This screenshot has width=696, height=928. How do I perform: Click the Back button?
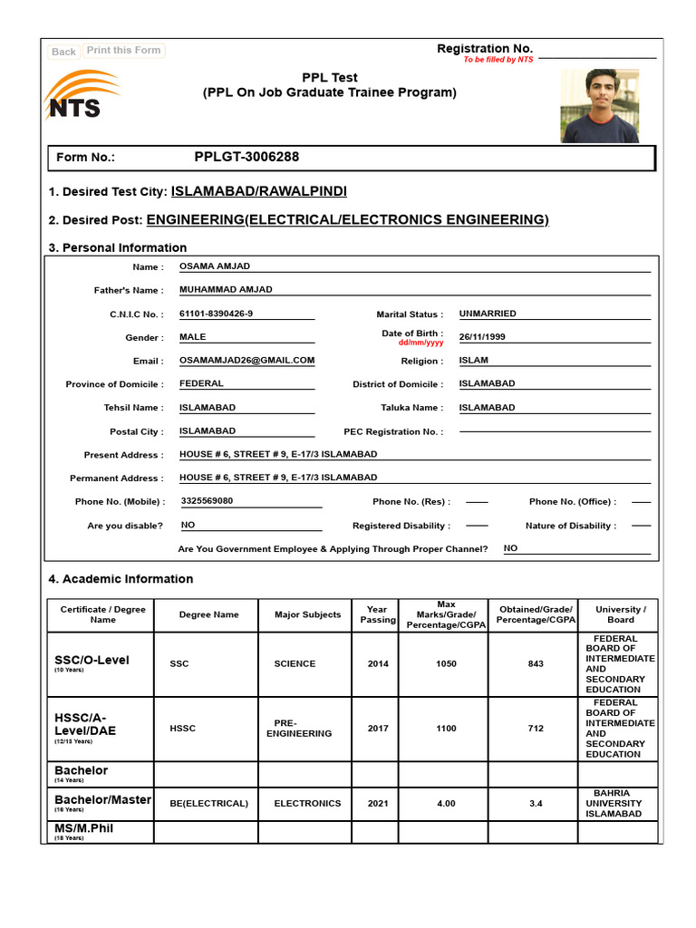pos(63,52)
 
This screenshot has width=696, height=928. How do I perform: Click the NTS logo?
pos(78,98)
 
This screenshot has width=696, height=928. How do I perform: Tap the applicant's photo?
pos(599,105)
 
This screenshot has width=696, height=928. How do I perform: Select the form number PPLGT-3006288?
pos(246,157)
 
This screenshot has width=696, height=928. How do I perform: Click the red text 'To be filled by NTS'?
pos(498,60)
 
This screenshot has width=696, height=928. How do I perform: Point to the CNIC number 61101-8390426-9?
pos(217,314)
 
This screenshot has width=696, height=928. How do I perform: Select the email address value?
pos(246,360)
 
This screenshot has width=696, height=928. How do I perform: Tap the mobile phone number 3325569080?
pos(207,501)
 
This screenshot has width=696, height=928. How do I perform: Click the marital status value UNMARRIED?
pos(488,314)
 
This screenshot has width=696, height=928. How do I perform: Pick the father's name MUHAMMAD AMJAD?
pos(226,290)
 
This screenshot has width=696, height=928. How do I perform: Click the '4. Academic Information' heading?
pos(121,579)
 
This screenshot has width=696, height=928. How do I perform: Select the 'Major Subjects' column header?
pos(307,614)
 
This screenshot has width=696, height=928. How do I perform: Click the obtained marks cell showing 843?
pos(535,664)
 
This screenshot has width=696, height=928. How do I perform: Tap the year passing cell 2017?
pos(378,729)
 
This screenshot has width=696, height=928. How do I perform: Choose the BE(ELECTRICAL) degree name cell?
pos(208,803)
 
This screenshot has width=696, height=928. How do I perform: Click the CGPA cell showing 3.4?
pos(535,803)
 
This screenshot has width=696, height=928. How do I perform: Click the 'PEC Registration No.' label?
pos(393,432)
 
